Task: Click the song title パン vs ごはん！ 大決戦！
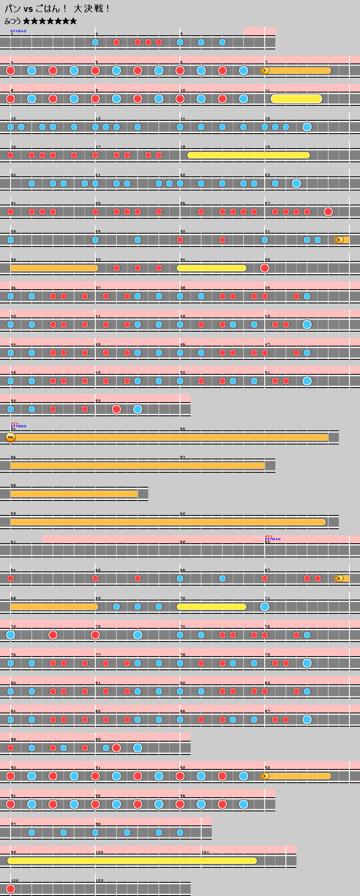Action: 57,8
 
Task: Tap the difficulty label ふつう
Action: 13,21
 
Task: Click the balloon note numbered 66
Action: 11,437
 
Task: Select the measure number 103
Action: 99,880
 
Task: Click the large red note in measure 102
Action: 11,889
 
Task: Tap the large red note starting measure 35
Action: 265,268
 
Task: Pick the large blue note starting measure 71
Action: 265,607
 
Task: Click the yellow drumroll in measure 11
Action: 296,99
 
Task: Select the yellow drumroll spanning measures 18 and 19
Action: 248,155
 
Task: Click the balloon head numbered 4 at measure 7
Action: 265,71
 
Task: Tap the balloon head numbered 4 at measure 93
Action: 265,776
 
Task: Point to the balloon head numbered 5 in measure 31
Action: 339,240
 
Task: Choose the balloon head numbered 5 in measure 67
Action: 339,579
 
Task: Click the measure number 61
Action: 13,541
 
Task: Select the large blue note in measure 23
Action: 296,183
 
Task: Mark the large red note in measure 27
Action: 328,212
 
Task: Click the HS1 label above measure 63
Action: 268,537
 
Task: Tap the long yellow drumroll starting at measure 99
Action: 132,861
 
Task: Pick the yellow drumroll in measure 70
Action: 211,607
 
